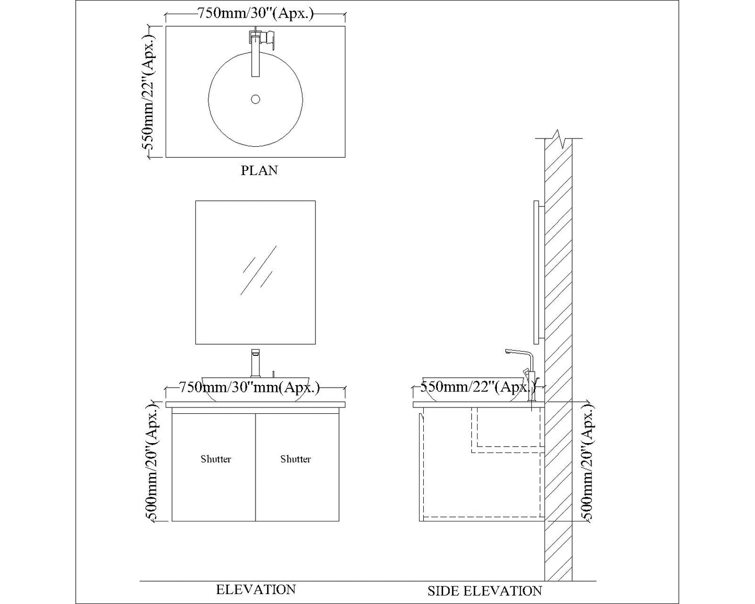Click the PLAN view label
pos(259,170)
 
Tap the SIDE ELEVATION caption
pos(484,591)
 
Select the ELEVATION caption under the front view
pos(256,589)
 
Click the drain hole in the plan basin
pos(255,99)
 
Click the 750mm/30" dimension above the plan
pos(255,14)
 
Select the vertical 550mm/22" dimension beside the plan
pos(148,92)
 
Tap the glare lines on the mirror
pos(258,270)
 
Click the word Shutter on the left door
pos(216,459)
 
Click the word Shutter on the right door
pos(295,459)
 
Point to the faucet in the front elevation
pos(255,363)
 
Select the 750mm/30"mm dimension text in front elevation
pos(249,388)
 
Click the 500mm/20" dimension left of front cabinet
pos(151,462)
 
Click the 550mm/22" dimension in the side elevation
pos(478,387)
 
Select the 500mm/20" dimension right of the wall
pos(587,462)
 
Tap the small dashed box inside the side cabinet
pos(507,428)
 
